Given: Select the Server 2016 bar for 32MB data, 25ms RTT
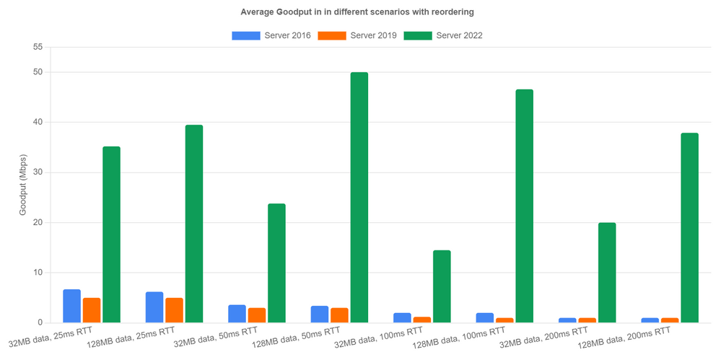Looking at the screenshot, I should tap(72, 306).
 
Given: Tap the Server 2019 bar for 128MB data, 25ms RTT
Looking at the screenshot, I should tap(174, 310).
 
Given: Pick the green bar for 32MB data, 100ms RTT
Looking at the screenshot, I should tap(442, 286).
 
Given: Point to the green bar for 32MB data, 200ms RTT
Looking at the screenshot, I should tap(607, 273).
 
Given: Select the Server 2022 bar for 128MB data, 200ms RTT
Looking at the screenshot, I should tap(690, 227).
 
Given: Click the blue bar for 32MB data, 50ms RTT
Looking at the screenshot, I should tap(237, 314).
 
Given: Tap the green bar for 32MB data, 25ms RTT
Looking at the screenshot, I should tap(111, 234).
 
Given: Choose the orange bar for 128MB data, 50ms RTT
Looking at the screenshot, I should tap(339, 315).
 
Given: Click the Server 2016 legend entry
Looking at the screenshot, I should tap(271, 35).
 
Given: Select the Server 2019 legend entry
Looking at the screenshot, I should tap(358, 35).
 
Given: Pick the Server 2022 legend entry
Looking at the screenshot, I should tap(443, 35).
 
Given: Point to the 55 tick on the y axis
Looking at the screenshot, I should tap(38, 47).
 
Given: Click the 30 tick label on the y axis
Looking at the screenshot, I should tap(38, 172).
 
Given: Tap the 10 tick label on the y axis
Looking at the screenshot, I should tap(38, 273).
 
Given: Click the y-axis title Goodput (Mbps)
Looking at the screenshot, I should tap(24, 185).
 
